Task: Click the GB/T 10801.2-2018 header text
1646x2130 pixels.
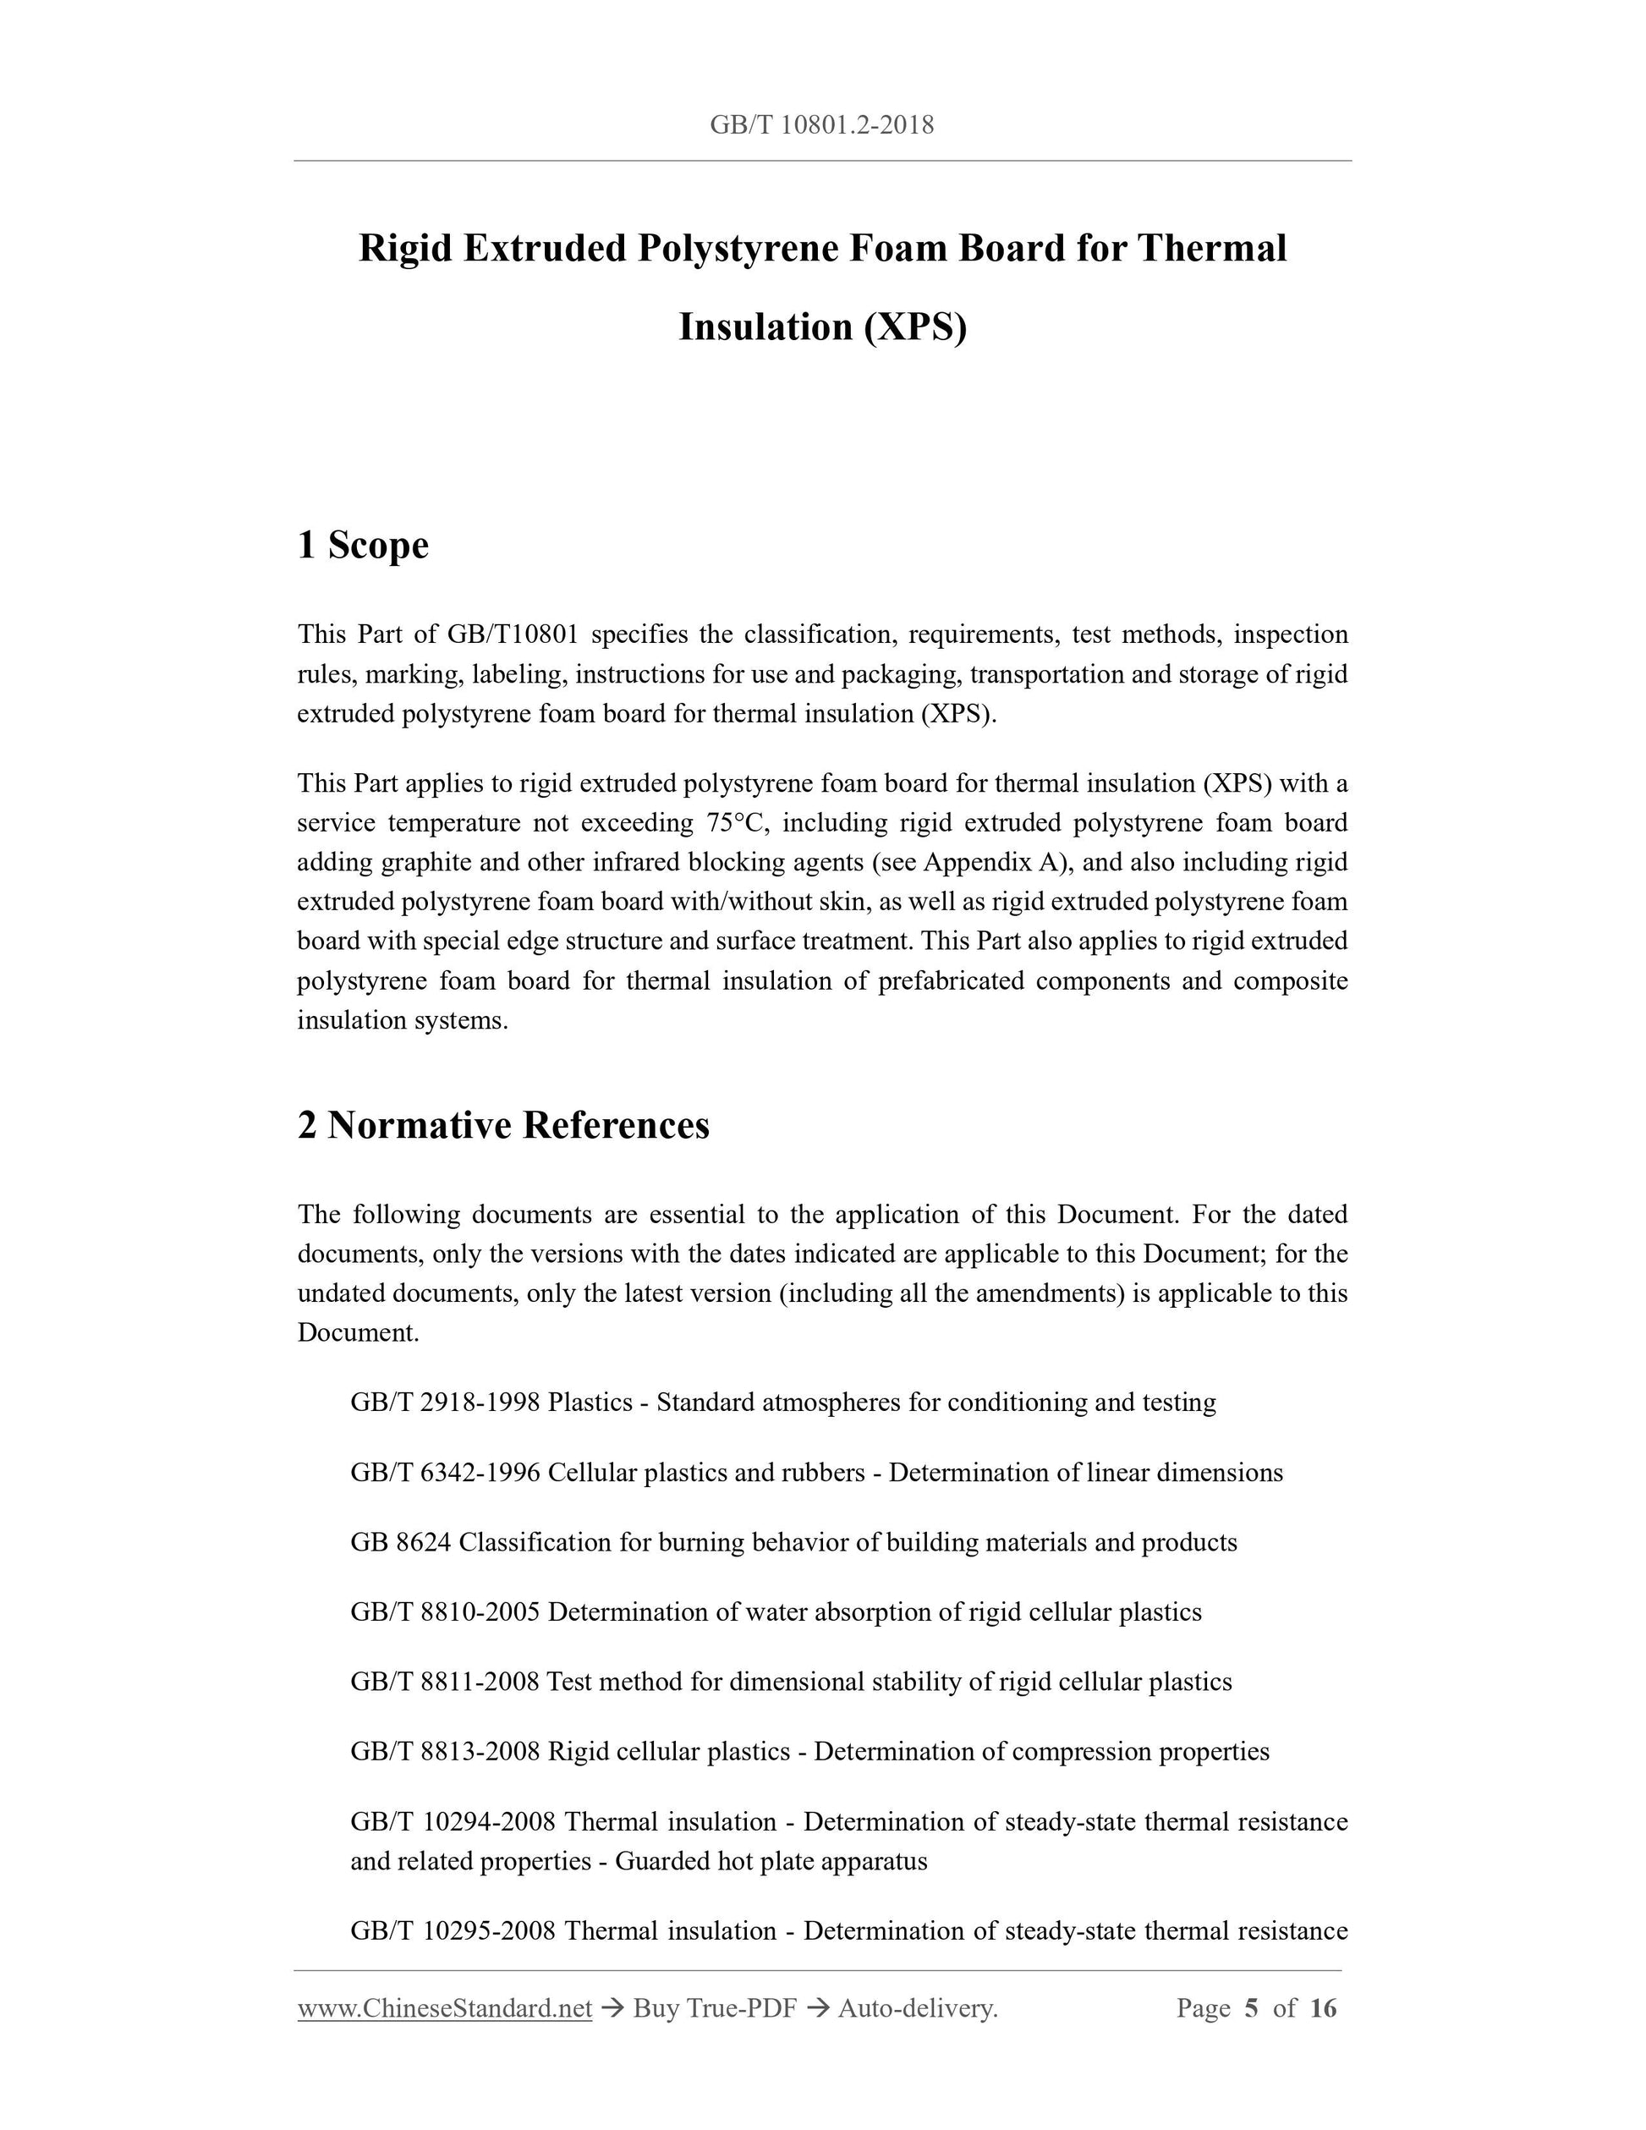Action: (822, 125)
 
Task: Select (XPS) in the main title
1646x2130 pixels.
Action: (914, 327)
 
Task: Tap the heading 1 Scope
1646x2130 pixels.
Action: (363, 544)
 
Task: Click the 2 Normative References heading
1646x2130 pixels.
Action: (503, 1124)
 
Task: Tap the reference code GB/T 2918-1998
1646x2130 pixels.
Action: (445, 1403)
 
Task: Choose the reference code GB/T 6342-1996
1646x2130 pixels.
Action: (445, 1473)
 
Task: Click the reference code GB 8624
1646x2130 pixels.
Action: (401, 1542)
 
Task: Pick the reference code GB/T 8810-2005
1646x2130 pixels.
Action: (445, 1612)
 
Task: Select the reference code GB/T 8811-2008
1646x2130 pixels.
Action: (445, 1682)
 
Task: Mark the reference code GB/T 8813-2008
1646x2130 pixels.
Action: (445, 1752)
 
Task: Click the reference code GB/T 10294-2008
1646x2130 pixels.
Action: (453, 1822)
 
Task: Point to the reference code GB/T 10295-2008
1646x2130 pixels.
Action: (453, 1931)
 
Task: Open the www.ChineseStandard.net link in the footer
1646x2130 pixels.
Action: (445, 2008)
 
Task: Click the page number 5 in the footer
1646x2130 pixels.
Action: (1252, 2008)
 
